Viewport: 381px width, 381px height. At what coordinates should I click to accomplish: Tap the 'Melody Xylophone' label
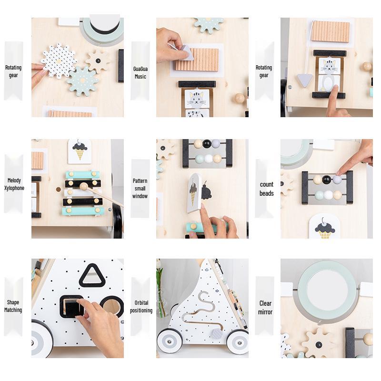click(x=14, y=184)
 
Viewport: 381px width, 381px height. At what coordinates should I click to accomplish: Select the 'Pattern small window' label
click(x=140, y=189)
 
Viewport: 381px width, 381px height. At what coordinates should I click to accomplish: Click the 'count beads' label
click(x=266, y=189)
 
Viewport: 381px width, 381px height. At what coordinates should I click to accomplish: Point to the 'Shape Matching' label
click(x=13, y=306)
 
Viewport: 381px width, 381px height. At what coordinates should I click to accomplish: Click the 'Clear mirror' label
click(x=265, y=307)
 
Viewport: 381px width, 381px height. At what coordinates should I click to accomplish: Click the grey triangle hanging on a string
click(x=304, y=80)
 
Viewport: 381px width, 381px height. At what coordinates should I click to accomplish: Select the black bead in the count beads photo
click(x=326, y=180)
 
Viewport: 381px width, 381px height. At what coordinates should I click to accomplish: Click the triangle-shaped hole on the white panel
click(x=92, y=276)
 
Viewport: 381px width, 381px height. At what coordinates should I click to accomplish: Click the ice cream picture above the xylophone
click(x=80, y=150)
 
